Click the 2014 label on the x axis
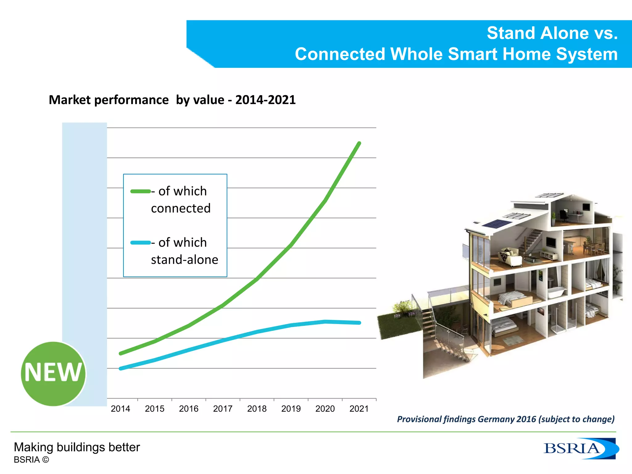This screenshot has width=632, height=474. click(120, 409)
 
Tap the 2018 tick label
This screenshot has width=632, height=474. click(257, 409)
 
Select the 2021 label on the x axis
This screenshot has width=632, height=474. click(359, 409)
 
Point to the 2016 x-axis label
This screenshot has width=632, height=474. click(189, 409)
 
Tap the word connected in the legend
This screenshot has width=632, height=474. click(181, 209)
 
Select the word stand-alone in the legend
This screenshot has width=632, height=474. click(185, 260)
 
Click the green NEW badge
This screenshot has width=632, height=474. click(53, 373)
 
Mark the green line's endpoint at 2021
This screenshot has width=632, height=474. click(360, 143)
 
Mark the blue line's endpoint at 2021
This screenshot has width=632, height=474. click(360, 323)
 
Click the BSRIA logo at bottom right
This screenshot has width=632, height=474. click(580, 448)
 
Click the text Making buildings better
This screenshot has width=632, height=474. click(77, 447)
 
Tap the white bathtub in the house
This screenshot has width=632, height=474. click(557, 291)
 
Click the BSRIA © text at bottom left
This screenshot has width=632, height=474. click(31, 460)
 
